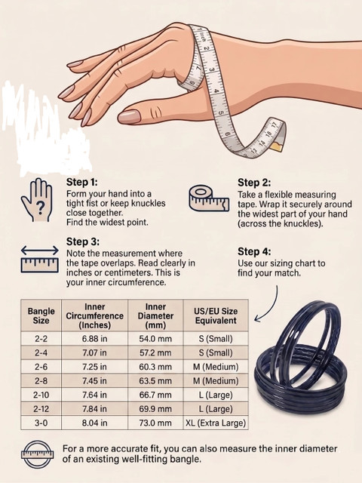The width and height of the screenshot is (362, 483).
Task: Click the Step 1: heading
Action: pyautogui.click(x=82, y=182)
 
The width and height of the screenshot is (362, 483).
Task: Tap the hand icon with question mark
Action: pyautogui.click(x=37, y=199)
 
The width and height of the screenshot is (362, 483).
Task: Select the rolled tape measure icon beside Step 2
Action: pyautogui.click(x=209, y=198)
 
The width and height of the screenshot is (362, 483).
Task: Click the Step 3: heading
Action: pyautogui.click(x=83, y=241)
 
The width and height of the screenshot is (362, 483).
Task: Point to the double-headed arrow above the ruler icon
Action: pyautogui.click(x=40, y=251)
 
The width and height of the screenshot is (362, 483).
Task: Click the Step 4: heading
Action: pyautogui.click(x=254, y=251)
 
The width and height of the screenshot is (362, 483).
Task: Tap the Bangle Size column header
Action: pyautogui.click(x=41, y=315)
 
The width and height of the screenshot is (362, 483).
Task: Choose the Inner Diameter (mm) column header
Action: pyautogui.click(x=155, y=315)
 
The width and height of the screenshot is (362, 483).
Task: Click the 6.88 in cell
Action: pyautogui.click(x=94, y=339)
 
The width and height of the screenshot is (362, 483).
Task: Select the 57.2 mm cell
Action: pyautogui.click(x=155, y=352)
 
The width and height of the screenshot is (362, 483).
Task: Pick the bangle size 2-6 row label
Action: pyautogui.click(x=41, y=367)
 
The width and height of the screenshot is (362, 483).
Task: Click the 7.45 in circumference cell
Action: pyautogui.click(x=94, y=380)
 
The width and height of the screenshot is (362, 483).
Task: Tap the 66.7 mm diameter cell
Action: pyautogui.click(x=155, y=395)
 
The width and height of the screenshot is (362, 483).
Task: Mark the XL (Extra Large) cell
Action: pyautogui.click(x=216, y=423)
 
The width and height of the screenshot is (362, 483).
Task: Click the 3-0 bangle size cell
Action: pyautogui.click(x=41, y=423)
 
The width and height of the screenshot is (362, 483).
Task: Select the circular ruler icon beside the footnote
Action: pyautogui.click(x=37, y=454)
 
